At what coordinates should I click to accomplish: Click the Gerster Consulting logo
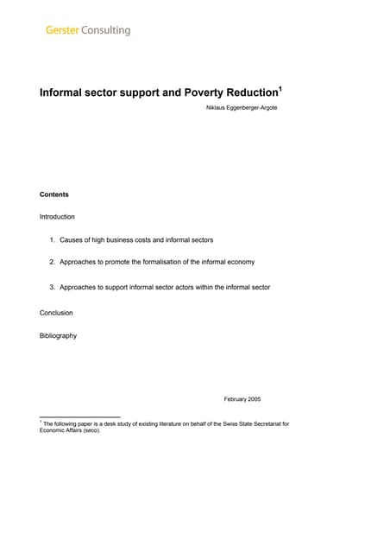click(88, 30)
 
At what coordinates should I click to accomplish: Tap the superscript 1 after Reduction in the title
click(280, 87)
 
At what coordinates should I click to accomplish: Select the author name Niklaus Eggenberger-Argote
click(242, 107)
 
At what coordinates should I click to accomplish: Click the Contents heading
click(54, 194)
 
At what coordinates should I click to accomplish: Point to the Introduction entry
click(57, 216)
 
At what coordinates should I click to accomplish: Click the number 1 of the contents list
click(51, 239)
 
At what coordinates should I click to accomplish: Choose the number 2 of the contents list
click(51, 261)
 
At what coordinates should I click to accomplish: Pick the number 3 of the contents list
click(51, 286)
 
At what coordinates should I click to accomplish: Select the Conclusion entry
click(56, 312)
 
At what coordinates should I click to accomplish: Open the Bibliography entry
click(58, 335)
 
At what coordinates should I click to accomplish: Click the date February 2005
click(242, 399)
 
